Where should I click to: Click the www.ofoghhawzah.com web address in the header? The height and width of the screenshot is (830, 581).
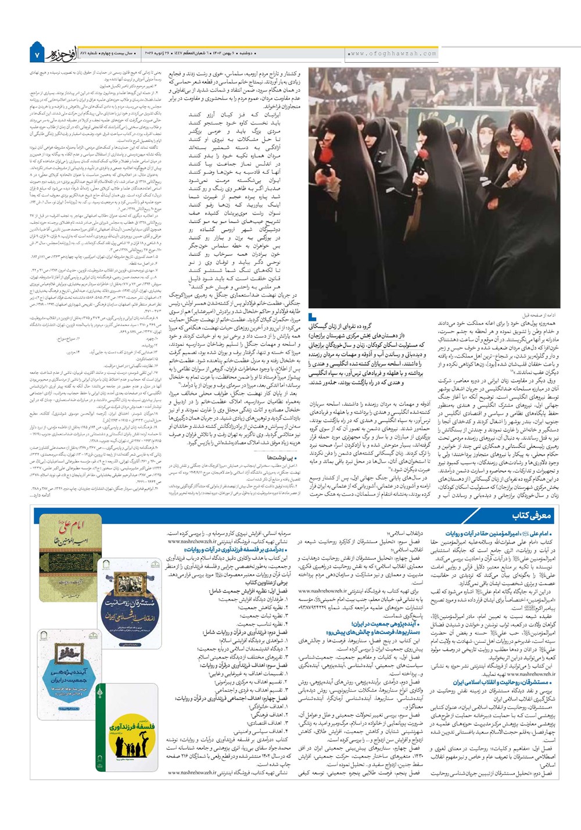click(x=393, y=53)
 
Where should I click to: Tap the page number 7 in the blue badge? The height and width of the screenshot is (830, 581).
click(x=36, y=55)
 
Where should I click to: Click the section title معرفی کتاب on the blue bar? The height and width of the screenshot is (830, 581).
click(x=531, y=515)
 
